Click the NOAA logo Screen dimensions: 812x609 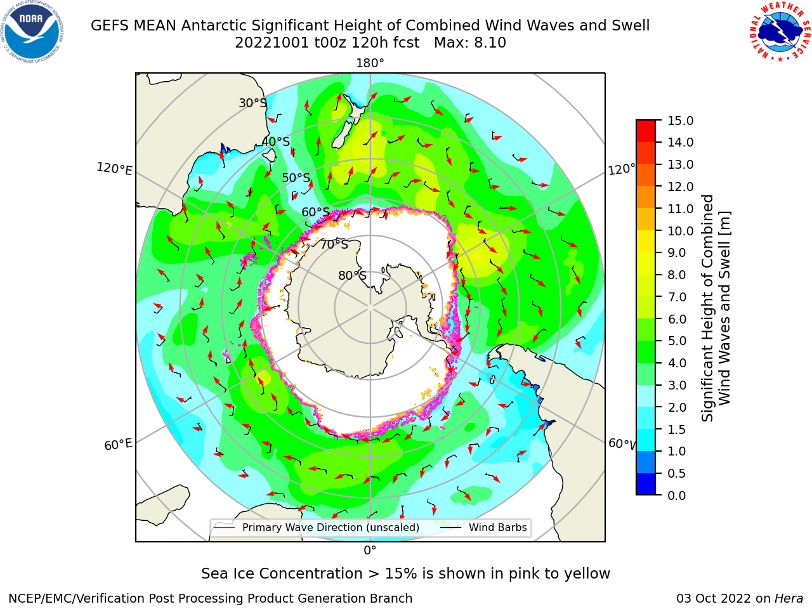coord(32,32)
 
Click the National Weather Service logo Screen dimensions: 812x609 coord(780,32)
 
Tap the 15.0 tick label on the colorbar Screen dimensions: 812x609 coord(680,121)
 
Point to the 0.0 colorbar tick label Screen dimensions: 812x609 coord(677,495)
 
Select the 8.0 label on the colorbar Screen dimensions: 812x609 coord(677,275)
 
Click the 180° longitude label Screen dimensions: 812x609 coord(370,63)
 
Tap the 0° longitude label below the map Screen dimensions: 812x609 coord(370,551)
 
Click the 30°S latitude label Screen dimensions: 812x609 coord(252,103)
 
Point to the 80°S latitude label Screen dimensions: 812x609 coord(352,275)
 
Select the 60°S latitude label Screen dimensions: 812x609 coord(315,212)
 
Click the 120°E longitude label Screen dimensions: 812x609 coord(114,169)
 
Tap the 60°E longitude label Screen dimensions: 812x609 coord(118,445)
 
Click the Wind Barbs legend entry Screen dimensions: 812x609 coord(483,527)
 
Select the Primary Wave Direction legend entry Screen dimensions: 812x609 coord(317,527)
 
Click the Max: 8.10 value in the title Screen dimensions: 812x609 coord(470,43)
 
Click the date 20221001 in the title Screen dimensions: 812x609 coord(272,43)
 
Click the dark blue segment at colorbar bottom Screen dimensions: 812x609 coord(646,484)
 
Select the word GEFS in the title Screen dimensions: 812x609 coord(110,26)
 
